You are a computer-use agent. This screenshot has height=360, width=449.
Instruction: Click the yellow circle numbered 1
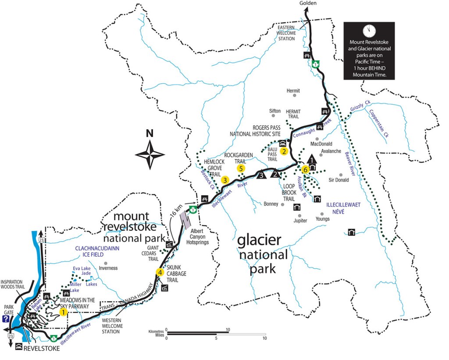pos(63,312)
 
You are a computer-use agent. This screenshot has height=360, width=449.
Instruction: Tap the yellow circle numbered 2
pos(284,152)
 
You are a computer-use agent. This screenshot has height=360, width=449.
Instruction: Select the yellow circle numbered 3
pos(225,179)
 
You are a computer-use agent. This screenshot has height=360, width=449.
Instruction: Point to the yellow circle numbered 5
pos(241,168)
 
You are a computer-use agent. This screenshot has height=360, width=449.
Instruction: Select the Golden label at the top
pos(307,4)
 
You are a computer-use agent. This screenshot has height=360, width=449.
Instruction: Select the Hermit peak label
pos(293,91)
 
